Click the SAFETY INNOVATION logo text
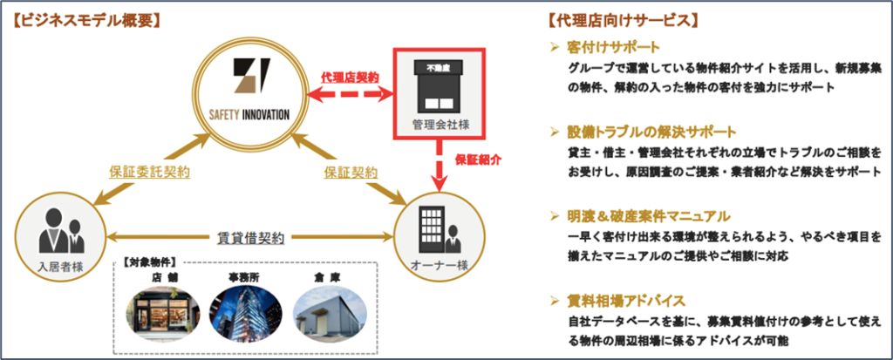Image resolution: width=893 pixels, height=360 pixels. point(248,114)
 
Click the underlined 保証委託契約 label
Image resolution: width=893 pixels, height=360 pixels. point(149,172)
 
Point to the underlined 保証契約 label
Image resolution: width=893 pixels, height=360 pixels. point(351,172)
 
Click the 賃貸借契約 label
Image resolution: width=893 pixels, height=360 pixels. point(251,238)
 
